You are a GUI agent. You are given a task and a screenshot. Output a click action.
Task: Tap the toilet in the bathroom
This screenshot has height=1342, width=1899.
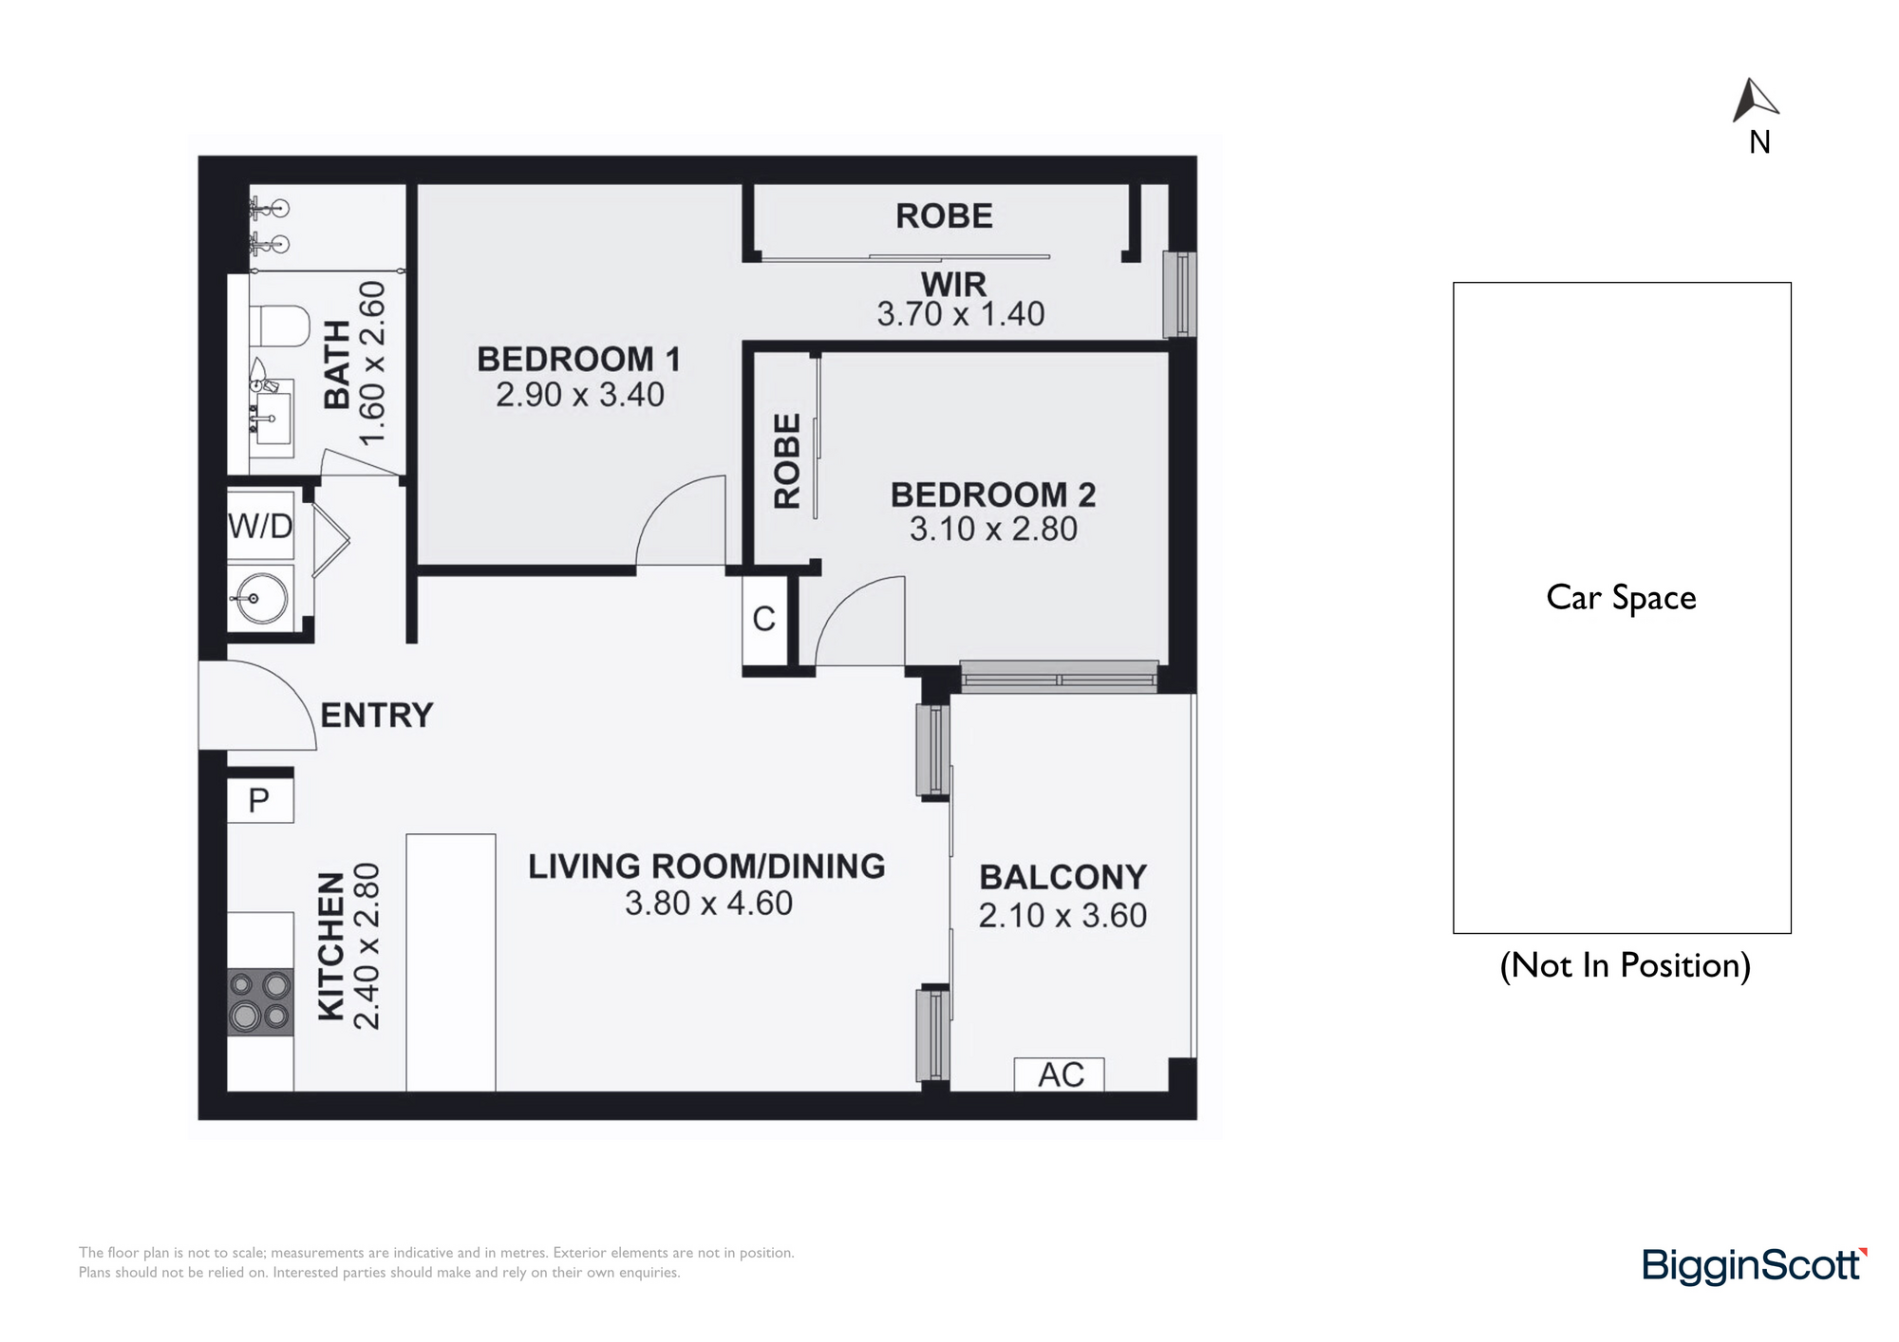tap(280, 326)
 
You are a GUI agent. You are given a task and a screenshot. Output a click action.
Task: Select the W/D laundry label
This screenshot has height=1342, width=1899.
tap(260, 525)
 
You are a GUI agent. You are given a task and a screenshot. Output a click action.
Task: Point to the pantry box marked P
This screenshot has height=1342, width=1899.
tap(260, 800)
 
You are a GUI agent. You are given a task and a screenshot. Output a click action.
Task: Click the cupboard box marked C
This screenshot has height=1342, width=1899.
tap(764, 619)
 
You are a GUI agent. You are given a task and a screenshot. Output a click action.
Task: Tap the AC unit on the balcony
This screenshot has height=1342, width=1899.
tap(1060, 1074)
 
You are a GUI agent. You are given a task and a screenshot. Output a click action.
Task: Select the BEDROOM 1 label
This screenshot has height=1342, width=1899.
tap(578, 360)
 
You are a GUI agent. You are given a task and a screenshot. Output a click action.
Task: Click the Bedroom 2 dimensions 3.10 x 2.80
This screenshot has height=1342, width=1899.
tap(993, 529)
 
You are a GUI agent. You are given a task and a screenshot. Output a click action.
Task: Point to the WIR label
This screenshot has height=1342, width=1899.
tap(953, 284)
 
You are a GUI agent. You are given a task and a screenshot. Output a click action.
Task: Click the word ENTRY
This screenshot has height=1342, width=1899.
tap(376, 715)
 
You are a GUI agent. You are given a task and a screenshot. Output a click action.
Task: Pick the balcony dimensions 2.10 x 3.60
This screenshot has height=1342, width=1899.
tap(1062, 915)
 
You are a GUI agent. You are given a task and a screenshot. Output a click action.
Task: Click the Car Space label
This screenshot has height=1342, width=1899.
tap(1621, 598)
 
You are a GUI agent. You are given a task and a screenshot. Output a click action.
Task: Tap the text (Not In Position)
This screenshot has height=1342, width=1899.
tap(1625, 965)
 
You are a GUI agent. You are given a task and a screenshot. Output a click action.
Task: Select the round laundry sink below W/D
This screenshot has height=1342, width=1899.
tap(261, 598)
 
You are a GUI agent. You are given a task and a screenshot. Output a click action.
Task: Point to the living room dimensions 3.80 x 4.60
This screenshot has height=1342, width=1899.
tap(708, 903)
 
